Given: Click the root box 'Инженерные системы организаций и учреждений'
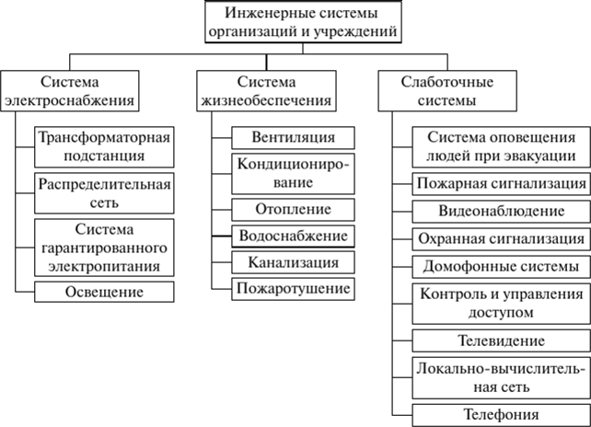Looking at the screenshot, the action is pos(303,21).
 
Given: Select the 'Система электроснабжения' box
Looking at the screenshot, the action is pos(70,91).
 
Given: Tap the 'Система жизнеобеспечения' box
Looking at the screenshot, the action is pos(266,91).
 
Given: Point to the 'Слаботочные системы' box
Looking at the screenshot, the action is pos(447,91).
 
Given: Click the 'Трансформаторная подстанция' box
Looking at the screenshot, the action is pos(104,147).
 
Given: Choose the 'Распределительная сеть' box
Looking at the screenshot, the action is pos(104,193).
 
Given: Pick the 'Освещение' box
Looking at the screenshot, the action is pos(104,292).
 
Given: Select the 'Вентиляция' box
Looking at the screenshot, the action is pos(294,137).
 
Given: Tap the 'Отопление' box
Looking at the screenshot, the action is pos(294,210).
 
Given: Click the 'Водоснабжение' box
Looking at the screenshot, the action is pos(294,237).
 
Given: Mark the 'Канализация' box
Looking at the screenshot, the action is pos(294,262).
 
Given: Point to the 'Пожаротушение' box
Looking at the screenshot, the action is pos(294,289).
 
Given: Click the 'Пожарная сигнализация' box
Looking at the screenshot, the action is pos(502,184).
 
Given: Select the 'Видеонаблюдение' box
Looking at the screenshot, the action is pos(502,212).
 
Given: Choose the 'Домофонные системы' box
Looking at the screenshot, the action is pos(502,267).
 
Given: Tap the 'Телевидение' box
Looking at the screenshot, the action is pos(502,341).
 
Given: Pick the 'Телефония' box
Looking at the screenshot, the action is pos(502,415).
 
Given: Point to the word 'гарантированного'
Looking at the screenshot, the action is pos(104,248).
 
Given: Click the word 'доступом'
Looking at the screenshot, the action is pos(502,314).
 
